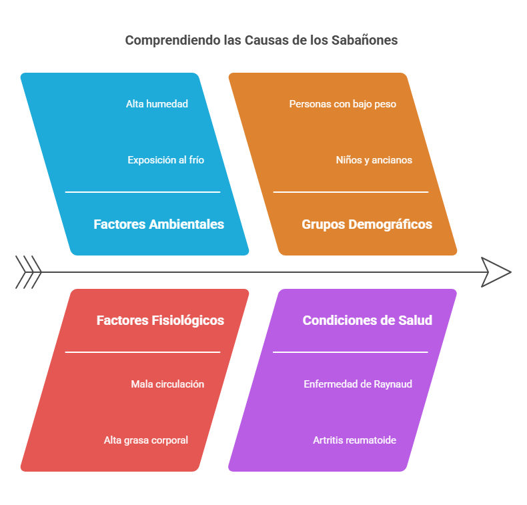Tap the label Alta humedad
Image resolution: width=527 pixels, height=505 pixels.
pyautogui.click(x=157, y=104)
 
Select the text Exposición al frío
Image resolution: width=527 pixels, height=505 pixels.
pyautogui.click(x=166, y=160)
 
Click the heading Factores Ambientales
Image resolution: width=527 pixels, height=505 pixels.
pyautogui.click(x=159, y=224)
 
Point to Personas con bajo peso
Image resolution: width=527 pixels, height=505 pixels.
pyautogui.click(x=343, y=104)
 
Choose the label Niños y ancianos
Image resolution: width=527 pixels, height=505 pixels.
pyautogui.click(x=374, y=160)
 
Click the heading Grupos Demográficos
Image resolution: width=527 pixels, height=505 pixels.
pyautogui.click(x=367, y=224)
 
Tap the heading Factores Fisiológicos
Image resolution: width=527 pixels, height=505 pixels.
pyautogui.click(x=160, y=320)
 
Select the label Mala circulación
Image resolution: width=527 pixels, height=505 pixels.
pyautogui.click(x=167, y=384)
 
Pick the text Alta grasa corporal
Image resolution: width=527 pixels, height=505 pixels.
pyautogui.click(x=146, y=440)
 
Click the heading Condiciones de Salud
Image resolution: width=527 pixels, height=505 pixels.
pyautogui.click(x=367, y=320)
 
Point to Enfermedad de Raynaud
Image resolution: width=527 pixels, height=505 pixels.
pyautogui.click(x=358, y=384)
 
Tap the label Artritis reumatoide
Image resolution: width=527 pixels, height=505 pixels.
pyautogui.click(x=355, y=440)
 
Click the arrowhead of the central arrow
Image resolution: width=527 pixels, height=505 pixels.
pyautogui.click(x=497, y=272)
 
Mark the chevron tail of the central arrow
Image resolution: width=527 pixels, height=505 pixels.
pyautogui.click(x=28, y=272)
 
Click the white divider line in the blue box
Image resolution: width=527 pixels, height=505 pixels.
pyautogui.click(x=143, y=192)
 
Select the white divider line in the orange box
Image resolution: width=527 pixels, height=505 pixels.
pyautogui.click(x=351, y=192)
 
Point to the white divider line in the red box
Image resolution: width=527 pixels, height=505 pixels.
pyautogui.click(x=143, y=352)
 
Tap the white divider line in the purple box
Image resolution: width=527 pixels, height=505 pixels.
pyautogui.click(x=351, y=352)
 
